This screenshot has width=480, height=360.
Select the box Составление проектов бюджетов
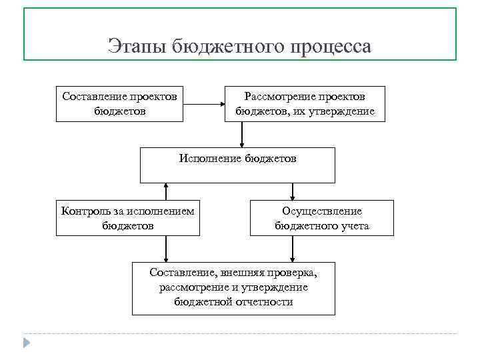coord(119,103)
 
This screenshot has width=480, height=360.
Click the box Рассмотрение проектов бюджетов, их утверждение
coord(305,103)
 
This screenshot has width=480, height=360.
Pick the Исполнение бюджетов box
coord(237,165)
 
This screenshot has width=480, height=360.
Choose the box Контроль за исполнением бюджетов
coord(127,218)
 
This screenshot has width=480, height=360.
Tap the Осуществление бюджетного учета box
coord(321,218)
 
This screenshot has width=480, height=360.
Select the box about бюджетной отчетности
coord(233,287)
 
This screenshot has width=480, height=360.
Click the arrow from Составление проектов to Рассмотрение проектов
coord(204,103)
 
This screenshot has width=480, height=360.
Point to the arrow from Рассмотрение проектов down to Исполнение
coord(242,134)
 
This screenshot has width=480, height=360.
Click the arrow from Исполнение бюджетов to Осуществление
coord(291,191)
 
